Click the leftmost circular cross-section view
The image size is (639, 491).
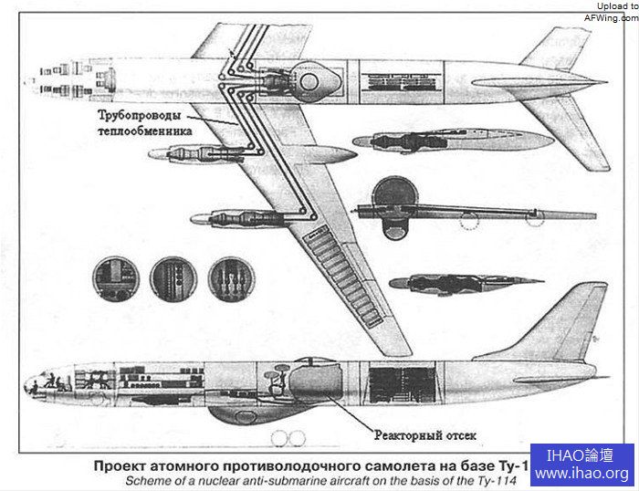coord(116,278)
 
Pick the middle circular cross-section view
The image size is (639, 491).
coord(173,278)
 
